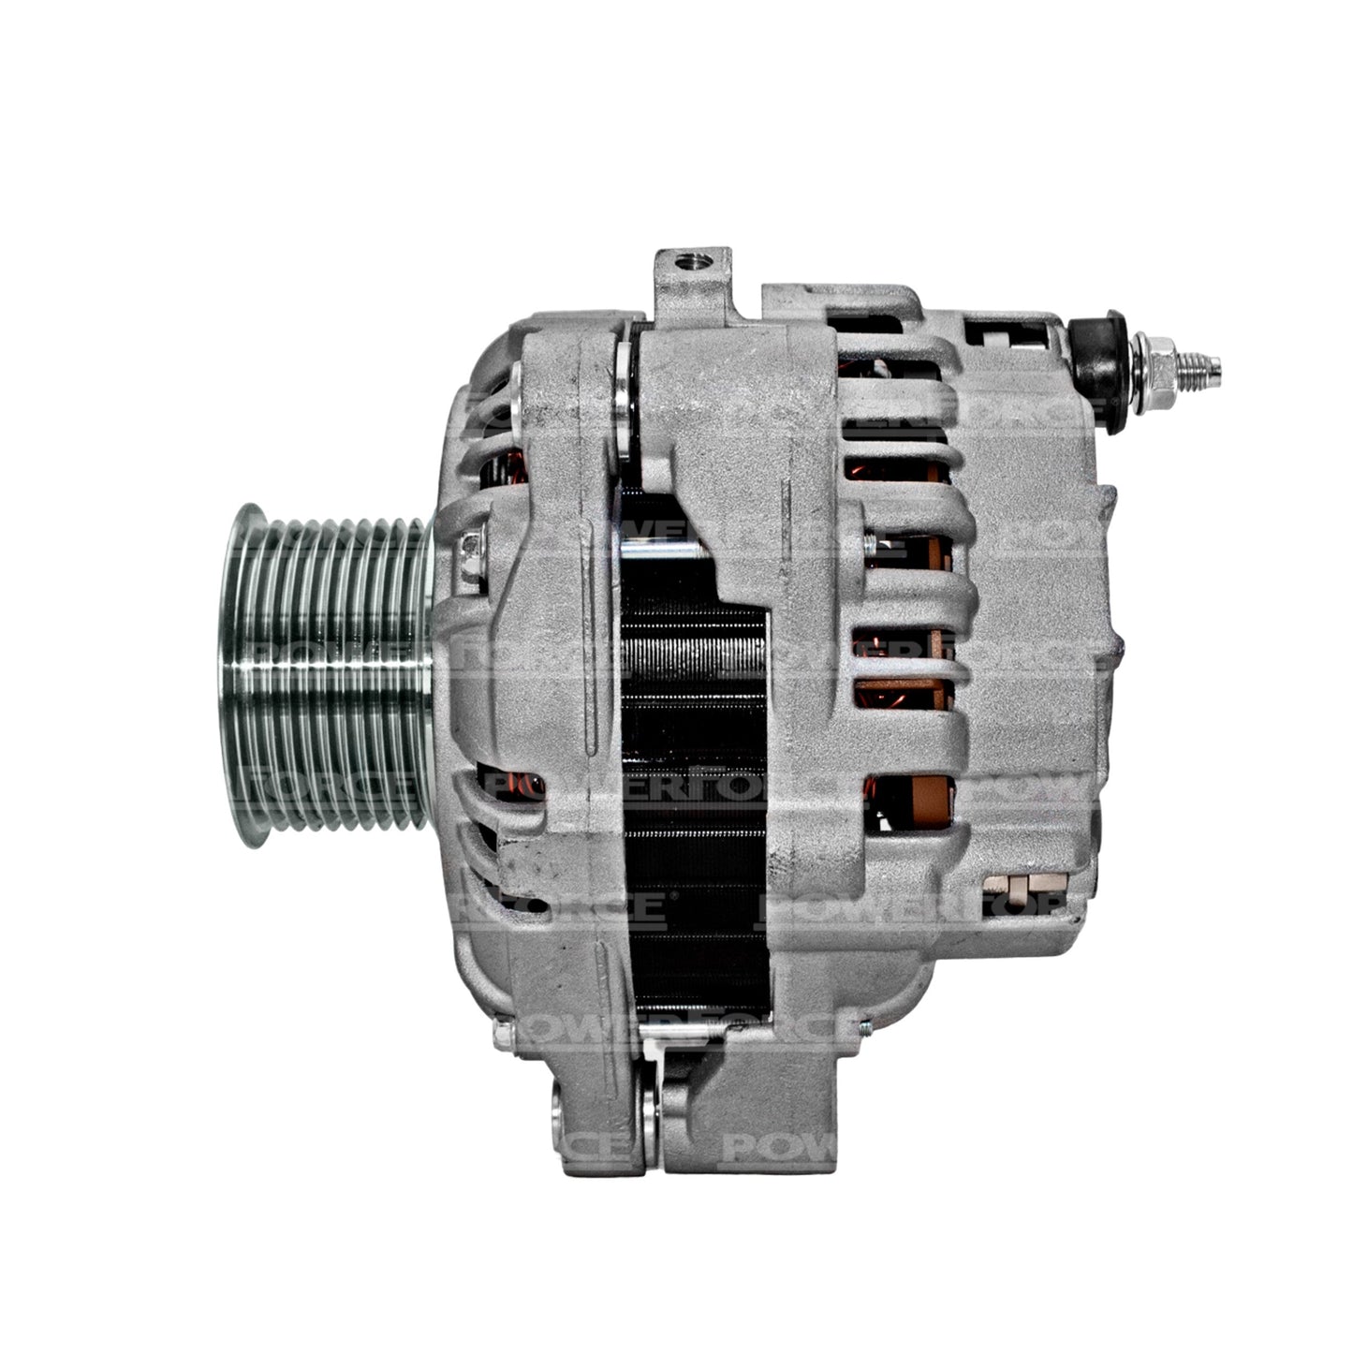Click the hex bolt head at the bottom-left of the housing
(x=504, y=1034)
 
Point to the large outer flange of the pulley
(x=239, y=674)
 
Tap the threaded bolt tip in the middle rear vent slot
(x=871, y=541)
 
